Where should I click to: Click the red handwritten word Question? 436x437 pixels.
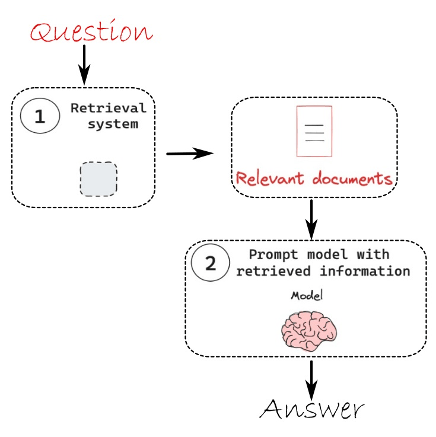tap(91, 31)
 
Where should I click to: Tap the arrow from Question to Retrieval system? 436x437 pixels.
tap(84, 65)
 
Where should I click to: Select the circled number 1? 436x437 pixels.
tap(40, 116)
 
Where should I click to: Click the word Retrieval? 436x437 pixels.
tap(109, 108)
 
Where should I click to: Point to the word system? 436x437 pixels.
tap(113, 124)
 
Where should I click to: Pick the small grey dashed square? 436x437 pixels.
tap(98, 179)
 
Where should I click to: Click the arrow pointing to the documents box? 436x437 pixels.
tap(190, 154)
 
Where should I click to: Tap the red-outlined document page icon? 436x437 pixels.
tap(314, 131)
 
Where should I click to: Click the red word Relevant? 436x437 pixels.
tap(269, 178)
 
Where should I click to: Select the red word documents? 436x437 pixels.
tap(352, 178)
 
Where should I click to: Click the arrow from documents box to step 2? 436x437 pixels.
tap(311, 219)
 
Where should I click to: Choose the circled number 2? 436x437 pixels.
tap(211, 263)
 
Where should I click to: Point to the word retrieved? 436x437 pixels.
tap(273, 271)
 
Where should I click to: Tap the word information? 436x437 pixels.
tap(365, 271)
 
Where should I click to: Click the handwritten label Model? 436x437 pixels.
tap(307, 295)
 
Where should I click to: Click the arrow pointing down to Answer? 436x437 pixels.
tap(311, 381)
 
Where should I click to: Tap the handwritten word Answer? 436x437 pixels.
tap(311, 409)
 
